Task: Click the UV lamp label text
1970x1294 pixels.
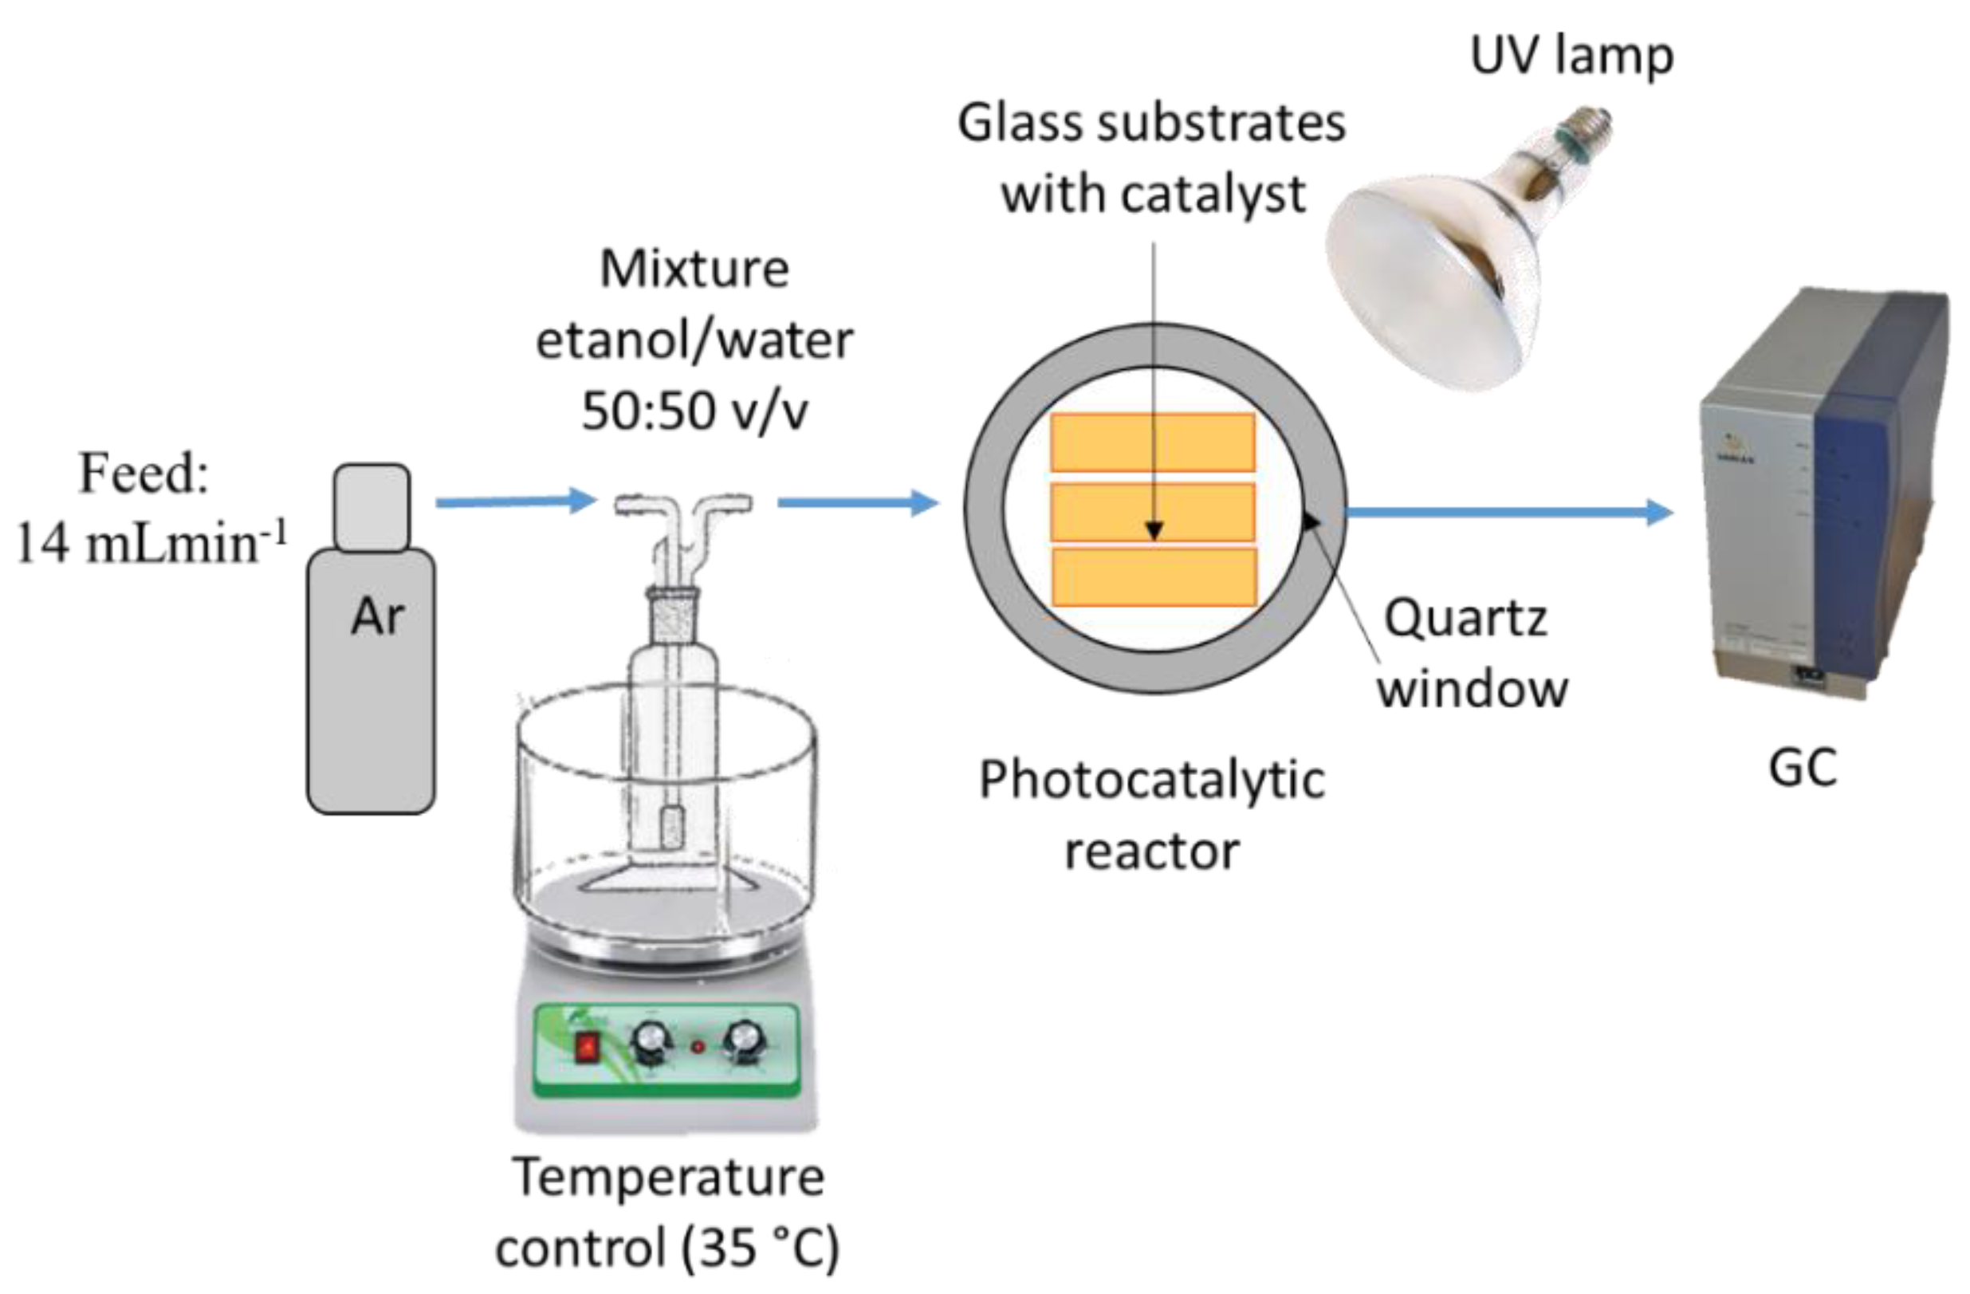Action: click(1571, 57)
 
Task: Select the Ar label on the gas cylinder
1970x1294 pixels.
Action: click(376, 617)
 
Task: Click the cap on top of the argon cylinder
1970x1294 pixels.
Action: click(372, 506)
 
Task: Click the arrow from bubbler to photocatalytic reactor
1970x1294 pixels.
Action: click(858, 501)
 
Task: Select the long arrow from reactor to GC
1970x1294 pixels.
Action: click(1507, 513)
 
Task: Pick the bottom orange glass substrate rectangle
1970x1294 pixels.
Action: click(1153, 577)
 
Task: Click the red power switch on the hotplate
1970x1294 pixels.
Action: click(587, 1048)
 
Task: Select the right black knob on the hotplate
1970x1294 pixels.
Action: click(744, 1044)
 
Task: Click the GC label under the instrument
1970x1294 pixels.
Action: click(1802, 769)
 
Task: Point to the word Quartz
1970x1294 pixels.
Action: click(1465, 619)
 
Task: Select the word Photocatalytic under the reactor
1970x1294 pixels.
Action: click(1151, 781)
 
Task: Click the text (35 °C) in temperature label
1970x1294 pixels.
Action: click(759, 1249)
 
